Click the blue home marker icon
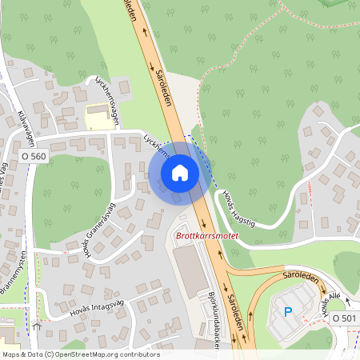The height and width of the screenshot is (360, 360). [180, 172]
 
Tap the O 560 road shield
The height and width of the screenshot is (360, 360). [34, 158]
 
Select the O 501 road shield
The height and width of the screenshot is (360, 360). [344, 318]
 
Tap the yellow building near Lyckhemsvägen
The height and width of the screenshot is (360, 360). [99, 117]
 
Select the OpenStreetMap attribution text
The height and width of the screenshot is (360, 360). [80, 354]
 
